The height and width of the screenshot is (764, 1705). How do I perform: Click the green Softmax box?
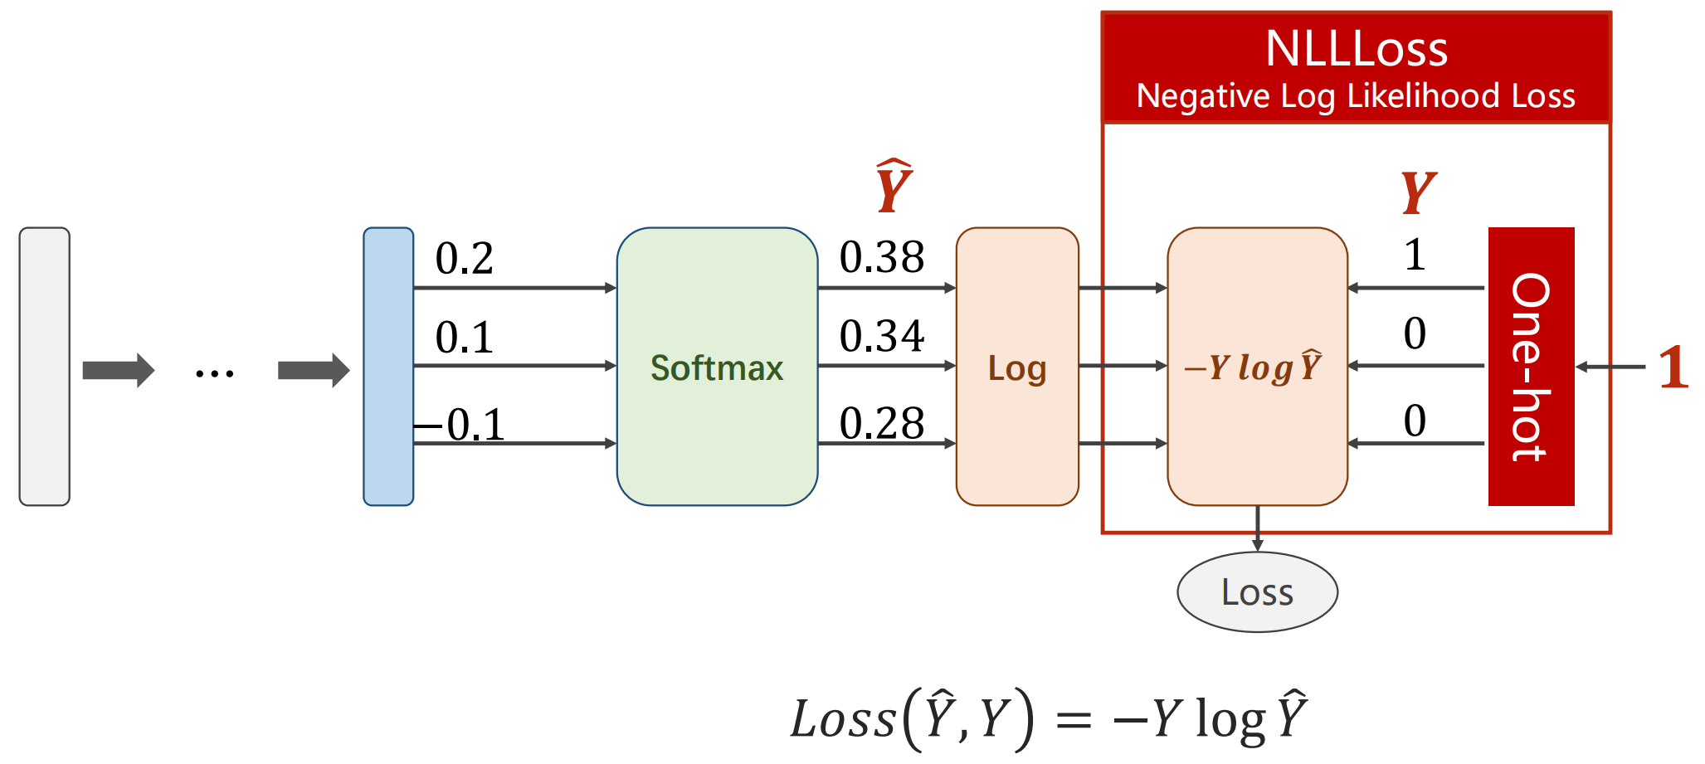(x=717, y=366)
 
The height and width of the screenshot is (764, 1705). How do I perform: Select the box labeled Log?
(x=1017, y=366)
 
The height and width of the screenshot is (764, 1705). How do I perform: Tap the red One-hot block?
(x=1531, y=366)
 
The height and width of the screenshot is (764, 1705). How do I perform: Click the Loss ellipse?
(x=1257, y=592)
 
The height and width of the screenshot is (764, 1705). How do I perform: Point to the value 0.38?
(x=881, y=257)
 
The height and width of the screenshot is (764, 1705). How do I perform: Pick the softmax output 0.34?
(x=881, y=336)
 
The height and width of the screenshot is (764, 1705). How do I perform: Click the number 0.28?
(x=881, y=423)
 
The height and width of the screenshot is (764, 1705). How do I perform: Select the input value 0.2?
(x=464, y=258)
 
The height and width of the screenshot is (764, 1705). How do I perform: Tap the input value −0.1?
(x=460, y=425)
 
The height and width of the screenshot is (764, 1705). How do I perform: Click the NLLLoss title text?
(x=1357, y=49)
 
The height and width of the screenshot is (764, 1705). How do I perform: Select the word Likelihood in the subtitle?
(x=1424, y=96)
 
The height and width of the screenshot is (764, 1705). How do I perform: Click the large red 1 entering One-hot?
(x=1673, y=367)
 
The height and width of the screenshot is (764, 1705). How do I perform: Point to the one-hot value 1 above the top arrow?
(x=1415, y=255)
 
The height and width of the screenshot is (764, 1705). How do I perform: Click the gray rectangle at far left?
(x=45, y=366)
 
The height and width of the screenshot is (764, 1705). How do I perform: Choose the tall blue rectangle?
(x=388, y=366)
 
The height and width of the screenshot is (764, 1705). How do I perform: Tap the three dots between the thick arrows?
(x=215, y=374)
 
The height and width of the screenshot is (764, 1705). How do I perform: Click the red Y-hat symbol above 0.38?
(x=894, y=186)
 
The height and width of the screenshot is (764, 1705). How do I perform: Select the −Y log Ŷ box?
(x=1257, y=366)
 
